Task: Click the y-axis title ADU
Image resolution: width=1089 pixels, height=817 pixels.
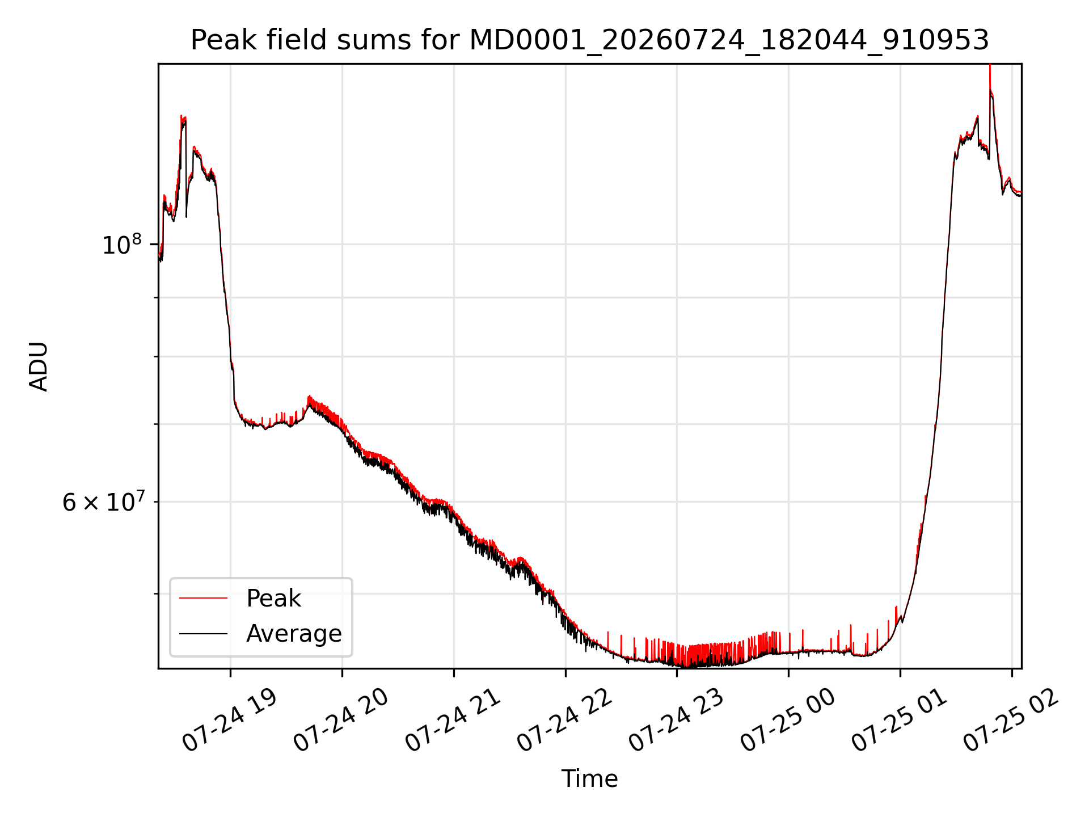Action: pos(39,367)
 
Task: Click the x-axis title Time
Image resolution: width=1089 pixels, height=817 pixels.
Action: pos(589,778)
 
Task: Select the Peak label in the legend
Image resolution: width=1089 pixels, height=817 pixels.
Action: pos(273,599)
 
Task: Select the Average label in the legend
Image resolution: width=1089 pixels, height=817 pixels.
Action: pos(294,634)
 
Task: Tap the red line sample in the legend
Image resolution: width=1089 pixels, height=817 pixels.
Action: pos(203,598)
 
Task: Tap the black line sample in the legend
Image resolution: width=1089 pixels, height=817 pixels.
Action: pos(203,633)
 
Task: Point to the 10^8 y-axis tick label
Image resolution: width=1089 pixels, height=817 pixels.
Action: pos(121,245)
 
